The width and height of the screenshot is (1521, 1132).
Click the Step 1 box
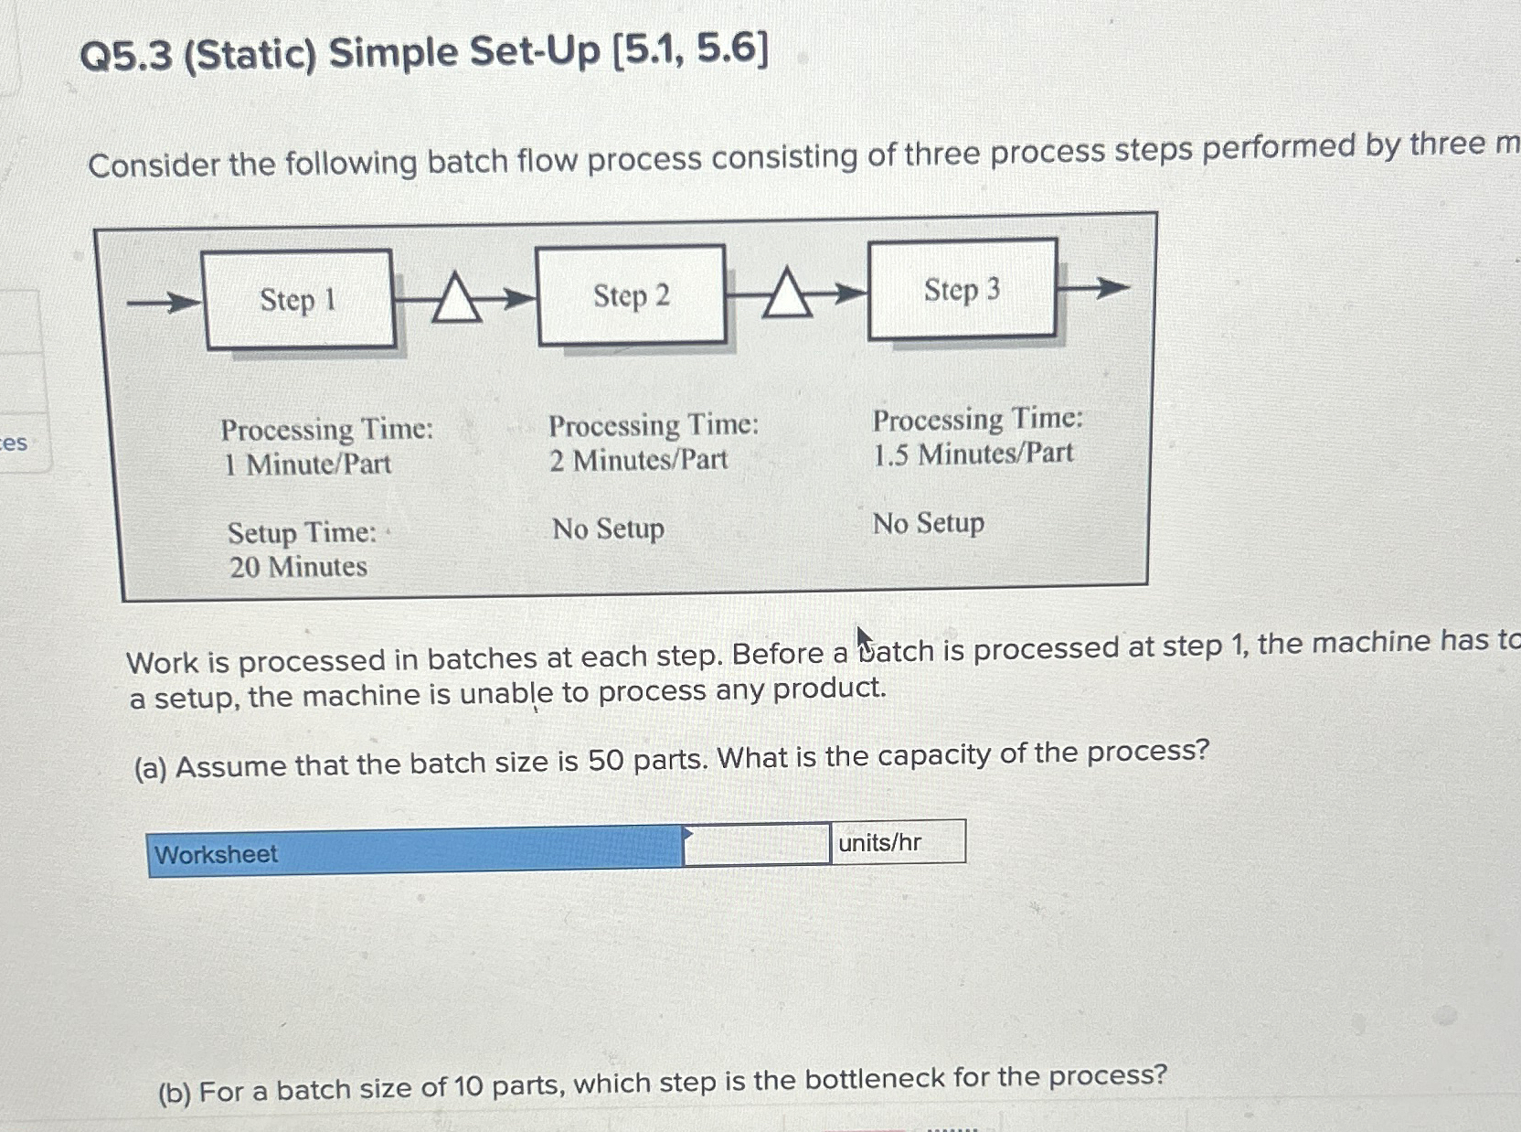(299, 300)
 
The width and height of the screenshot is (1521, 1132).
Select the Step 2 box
(632, 295)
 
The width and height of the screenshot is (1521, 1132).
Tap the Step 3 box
(962, 290)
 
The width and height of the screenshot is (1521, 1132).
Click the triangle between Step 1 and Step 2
(456, 299)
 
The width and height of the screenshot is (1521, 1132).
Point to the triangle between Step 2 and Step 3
(787, 294)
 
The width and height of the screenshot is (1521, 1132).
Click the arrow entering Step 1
(163, 301)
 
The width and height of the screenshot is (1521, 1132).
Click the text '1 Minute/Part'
(308, 465)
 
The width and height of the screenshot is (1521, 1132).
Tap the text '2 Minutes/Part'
(639, 460)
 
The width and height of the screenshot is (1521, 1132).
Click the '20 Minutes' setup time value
(298, 568)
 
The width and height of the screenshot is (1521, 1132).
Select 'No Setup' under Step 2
(608, 529)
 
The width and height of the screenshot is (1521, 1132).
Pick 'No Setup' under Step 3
(929, 524)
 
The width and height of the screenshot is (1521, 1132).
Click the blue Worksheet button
(414, 852)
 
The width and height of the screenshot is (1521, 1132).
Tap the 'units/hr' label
(880, 842)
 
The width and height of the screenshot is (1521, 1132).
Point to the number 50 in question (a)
(605, 760)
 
